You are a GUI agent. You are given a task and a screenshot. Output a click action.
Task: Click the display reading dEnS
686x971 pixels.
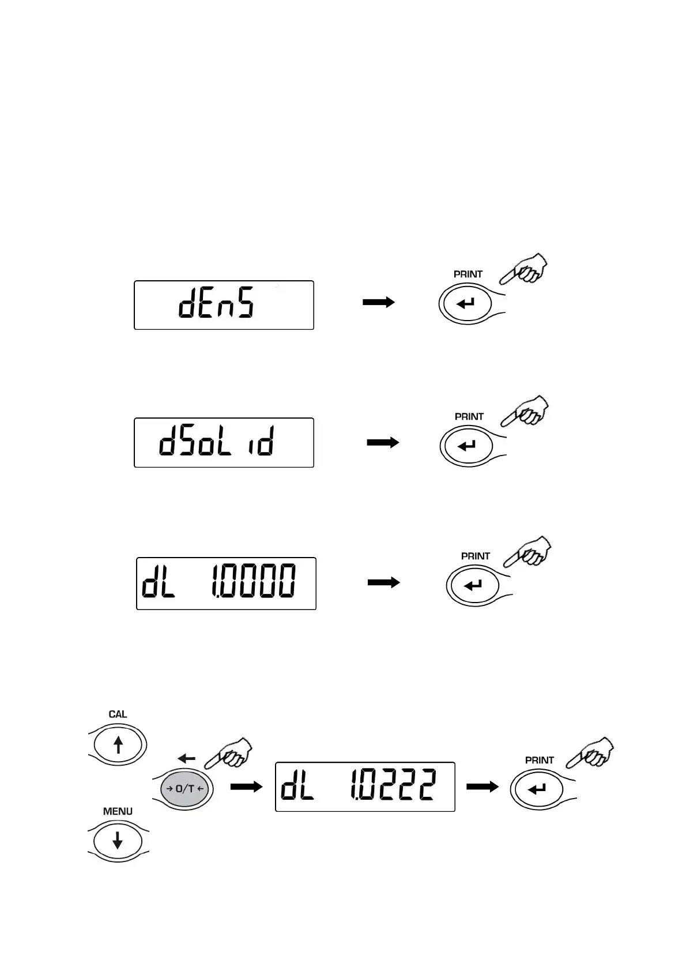click(224, 305)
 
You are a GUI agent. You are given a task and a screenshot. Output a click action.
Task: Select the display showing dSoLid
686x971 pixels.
click(224, 442)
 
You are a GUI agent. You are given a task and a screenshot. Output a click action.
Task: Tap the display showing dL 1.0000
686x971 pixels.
click(226, 583)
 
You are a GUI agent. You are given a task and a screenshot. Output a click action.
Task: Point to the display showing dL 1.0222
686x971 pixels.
click(365, 786)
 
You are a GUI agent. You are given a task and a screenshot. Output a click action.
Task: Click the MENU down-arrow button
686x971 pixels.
click(118, 842)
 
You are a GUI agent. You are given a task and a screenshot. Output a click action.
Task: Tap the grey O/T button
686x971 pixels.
click(183, 789)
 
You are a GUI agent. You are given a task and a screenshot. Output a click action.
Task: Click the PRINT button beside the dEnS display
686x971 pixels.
click(465, 303)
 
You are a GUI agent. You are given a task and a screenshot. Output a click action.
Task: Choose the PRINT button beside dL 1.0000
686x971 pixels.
click(473, 585)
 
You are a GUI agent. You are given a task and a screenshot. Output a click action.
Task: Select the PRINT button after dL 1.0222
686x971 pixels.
click(537, 789)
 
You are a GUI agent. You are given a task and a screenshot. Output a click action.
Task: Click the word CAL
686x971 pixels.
click(118, 714)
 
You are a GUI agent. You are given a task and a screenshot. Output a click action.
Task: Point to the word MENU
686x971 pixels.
click(118, 811)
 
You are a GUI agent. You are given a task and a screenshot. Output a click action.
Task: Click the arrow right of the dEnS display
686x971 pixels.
click(378, 302)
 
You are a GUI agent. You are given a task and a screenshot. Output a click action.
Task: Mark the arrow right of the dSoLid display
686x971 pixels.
click(383, 442)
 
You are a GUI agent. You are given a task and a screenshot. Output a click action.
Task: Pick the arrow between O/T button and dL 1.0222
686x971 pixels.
click(246, 786)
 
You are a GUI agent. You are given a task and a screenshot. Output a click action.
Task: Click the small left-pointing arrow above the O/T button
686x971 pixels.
click(186, 759)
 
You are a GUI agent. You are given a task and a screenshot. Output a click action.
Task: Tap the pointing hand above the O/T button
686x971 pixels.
click(230, 753)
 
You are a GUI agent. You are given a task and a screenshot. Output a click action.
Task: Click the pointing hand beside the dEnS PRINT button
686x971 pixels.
click(525, 269)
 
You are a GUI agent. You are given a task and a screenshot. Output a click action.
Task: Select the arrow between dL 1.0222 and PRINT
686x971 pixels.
click(482, 786)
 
